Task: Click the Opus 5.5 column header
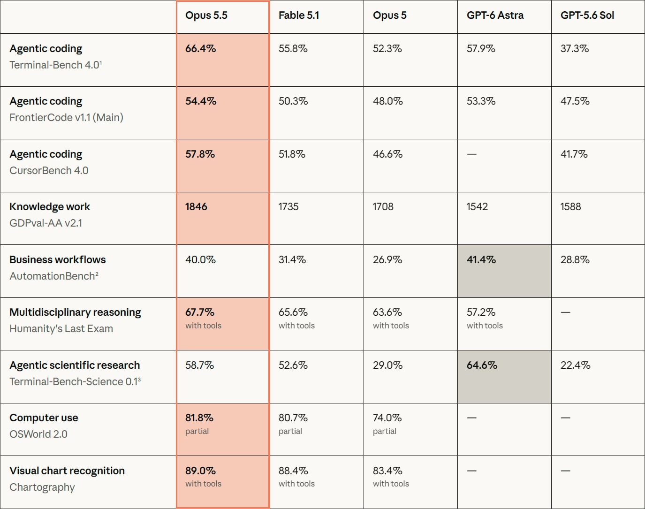click(206, 15)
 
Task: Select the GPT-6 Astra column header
click(495, 15)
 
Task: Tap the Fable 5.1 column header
click(299, 15)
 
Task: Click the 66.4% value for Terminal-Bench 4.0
click(200, 49)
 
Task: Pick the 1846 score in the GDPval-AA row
click(196, 206)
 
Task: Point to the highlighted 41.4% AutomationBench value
click(481, 259)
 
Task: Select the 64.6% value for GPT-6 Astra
click(482, 365)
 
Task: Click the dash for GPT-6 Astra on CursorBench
click(471, 154)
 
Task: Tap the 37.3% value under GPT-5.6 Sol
click(575, 49)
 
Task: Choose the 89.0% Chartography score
click(200, 471)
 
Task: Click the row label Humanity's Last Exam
click(61, 328)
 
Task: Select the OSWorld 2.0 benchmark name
click(38, 434)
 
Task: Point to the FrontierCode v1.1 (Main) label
click(66, 117)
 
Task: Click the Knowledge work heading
click(50, 206)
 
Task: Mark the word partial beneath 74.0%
click(385, 431)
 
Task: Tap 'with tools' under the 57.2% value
click(485, 326)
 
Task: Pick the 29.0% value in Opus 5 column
click(387, 365)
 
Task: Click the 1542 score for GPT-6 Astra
click(477, 206)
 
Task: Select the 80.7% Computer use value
click(293, 418)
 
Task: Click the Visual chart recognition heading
click(67, 471)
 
